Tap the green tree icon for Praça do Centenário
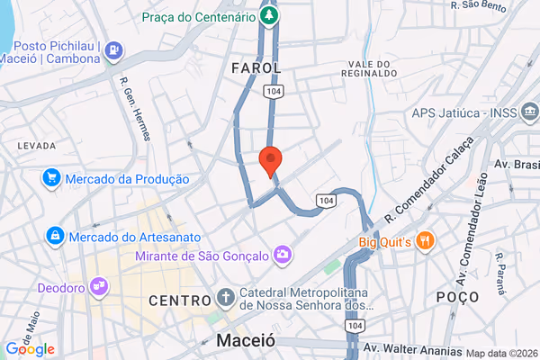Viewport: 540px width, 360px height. (267, 16)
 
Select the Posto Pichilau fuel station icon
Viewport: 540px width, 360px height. (114, 50)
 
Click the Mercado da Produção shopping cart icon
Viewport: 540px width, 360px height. (51, 179)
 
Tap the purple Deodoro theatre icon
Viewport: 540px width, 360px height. (99, 288)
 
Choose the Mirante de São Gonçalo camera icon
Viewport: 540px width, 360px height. (283, 256)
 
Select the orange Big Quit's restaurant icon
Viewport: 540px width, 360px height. (426, 240)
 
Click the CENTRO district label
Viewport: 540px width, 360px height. (180, 300)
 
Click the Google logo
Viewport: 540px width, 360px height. (30, 349)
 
